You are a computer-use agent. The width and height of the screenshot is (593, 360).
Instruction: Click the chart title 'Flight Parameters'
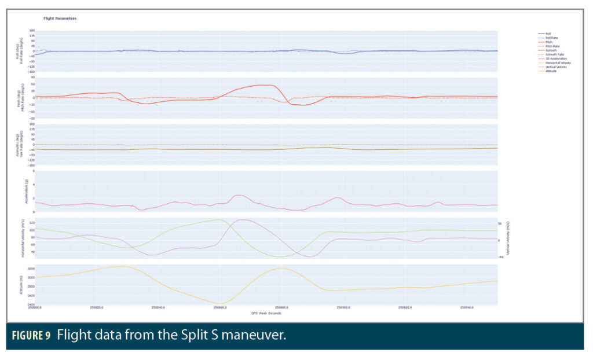pyautogui.click(x=60, y=19)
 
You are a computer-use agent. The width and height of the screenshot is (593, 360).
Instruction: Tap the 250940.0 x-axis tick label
pyautogui.click(x=466, y=308)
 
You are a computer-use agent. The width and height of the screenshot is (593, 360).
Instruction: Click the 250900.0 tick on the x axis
pyautogui.click(x=343, y=308)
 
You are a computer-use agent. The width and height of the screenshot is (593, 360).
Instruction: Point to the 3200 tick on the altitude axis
pyautogui.click(x=31, y=269)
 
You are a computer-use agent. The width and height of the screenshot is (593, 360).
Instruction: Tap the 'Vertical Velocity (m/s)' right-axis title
pyautogui.click(x=510, y=238)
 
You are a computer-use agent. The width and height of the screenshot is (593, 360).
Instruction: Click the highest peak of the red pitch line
pyautogui.click(x=268, y=85)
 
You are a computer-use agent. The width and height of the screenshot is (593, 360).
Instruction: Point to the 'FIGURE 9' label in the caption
pyautogui.click(x=32, y=336)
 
